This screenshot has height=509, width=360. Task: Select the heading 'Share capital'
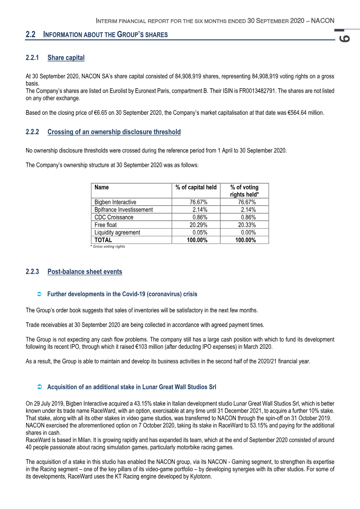pyautogui.click(x=66, y=58)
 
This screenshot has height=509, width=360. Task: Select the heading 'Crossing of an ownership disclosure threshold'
pyautogui.click(x=114, y=132)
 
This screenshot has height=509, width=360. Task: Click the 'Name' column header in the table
pyautogui.click(x=102, y=187)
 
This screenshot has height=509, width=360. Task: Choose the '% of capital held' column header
pyautogui.click(x=196, y=187)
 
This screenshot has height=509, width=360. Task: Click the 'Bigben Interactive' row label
pyautogui.click(x=115, y=202)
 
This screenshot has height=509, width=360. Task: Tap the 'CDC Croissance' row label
pyautogui.click(x=114, y=217)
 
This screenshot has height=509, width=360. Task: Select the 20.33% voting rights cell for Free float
pyautogui.click(x=247, y=225)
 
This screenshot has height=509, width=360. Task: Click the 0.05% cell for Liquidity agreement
pyautogui.click(x=200, y=233)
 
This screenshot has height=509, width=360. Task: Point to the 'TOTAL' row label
pyautogui.click(x=103, y=240)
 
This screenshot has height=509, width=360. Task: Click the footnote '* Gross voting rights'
pyautogui.click(x=108, y=247)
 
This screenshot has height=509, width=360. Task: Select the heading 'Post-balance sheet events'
pyautogui.click(x=85, y=271)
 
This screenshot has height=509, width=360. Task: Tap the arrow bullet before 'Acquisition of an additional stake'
pyautogui.click(x=39, y=387)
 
